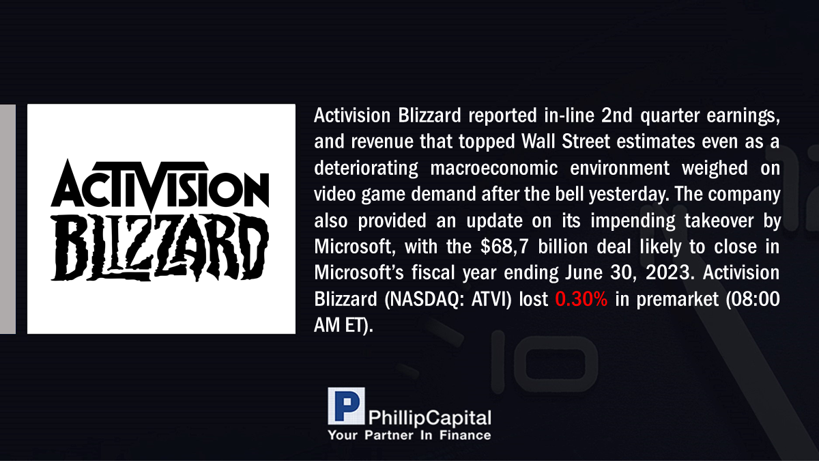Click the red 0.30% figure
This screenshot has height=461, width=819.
[x=581, y=299]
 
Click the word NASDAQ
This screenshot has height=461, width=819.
[x=424, y=300]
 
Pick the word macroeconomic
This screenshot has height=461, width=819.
[x=494, y=168]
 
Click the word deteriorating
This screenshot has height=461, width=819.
[x=366, y=168]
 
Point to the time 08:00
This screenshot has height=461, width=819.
[x=756, y=299]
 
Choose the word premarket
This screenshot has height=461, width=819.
[x=678, y=300]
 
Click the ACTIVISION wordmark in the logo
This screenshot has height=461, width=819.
[x=160, y=184]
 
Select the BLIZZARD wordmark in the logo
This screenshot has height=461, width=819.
[x=160, y=247]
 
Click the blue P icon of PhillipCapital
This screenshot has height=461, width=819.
[x=346, y=406]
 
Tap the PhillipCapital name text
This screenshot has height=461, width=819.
[x=429, y=418]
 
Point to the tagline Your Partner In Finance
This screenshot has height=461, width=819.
[x=409, y=435]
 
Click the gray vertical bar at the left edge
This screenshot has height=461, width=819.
[x=8, y=219]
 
